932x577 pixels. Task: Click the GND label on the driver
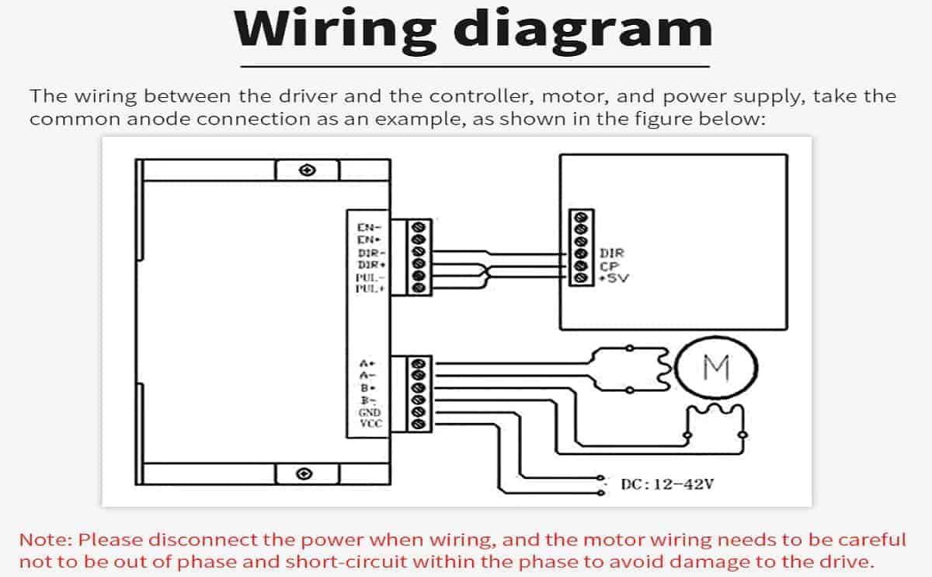click(369, 412)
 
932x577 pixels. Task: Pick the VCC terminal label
click(369, 424)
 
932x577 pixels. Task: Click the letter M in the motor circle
click(716, 366)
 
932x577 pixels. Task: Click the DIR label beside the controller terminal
click(611, 254)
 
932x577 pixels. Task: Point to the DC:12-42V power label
click(667, 484)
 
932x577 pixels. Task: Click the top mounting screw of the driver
click(308, 170)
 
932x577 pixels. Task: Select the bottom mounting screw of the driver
click(305, 473)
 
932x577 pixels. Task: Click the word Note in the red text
click(46, 540)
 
